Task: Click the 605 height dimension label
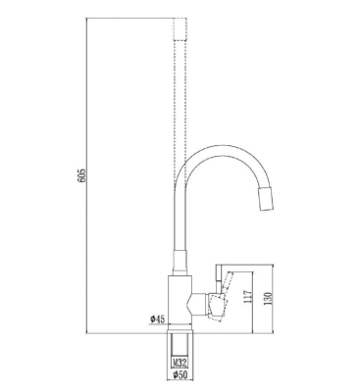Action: (81, 175)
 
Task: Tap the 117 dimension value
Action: (248, 297)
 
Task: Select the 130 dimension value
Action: (269, 299)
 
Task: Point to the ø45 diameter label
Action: (157, 319)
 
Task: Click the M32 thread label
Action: (180, 363)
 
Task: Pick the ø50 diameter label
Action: (180, 374)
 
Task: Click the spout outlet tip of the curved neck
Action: (267, 200)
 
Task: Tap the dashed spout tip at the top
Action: (180, 29)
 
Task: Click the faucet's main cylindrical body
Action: (180, 300)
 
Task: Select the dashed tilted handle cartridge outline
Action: (217, 307)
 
